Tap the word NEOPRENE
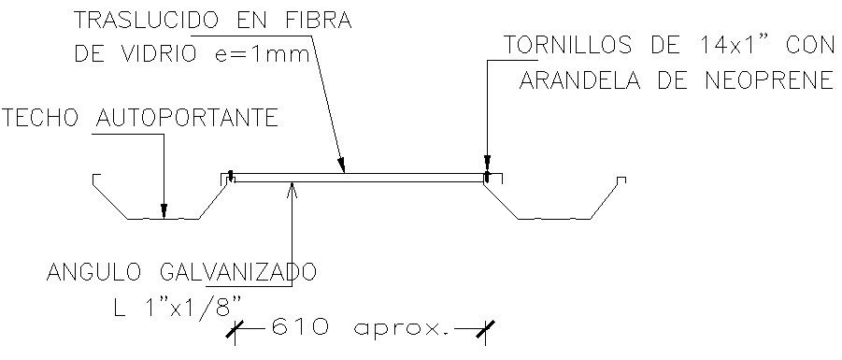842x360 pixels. click(x=766, y=80)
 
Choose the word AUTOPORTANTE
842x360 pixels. click(x=187, y=118)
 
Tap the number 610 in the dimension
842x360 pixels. click(x=299, y=328)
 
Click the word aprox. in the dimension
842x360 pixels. click(x=401, y=328)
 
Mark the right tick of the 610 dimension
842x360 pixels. click(x=485, y=327)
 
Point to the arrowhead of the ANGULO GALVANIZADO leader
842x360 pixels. click(x=293, y=185)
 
